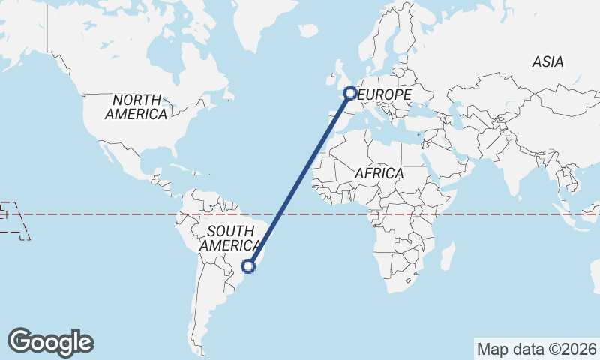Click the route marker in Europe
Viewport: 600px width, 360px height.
[x=349, y=93]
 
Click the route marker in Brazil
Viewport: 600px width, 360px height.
[x=250, y=265]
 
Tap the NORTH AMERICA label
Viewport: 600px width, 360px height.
[x=136, y=107]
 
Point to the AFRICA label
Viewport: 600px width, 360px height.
[x=379, y=174]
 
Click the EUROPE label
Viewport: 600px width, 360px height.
[x=385, y=94]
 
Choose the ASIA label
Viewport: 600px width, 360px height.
[x=547, y=63]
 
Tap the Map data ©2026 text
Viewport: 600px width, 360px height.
[x=536, y=349]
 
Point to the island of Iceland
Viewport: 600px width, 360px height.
[x=308, y=31]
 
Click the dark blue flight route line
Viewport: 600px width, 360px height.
[x=300, y=178]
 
